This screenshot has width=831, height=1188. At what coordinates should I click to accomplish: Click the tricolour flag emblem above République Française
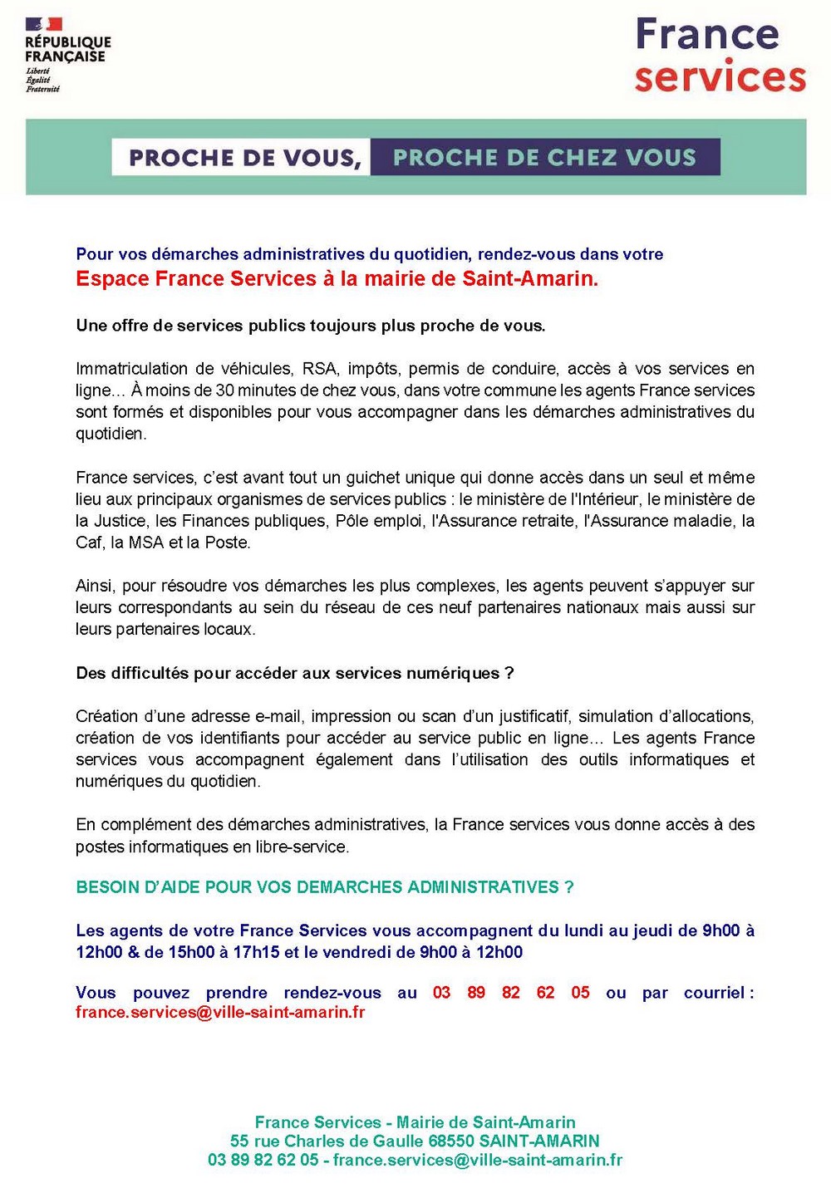click(x=44, y=25)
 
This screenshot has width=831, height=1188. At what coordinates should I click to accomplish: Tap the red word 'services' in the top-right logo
click(x=720, y=76)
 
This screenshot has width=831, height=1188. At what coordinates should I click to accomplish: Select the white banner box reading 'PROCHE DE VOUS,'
click(x=242, y=158)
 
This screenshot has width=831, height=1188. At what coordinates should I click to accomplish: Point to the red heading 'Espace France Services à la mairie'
click(x=337, y=279)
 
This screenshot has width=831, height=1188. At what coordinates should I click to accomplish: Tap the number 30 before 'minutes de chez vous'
click(x=224, y=390)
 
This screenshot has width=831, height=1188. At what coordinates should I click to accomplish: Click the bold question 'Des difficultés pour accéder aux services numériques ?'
click(x=295, y=673)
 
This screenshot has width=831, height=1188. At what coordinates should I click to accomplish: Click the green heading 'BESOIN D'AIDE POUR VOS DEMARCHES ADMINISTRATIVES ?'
click(x=325, y=887)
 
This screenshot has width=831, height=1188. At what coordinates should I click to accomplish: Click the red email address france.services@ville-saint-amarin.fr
click(x=220, y=1013)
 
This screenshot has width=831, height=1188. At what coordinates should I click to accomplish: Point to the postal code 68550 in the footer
click(x=451, y=1141)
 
